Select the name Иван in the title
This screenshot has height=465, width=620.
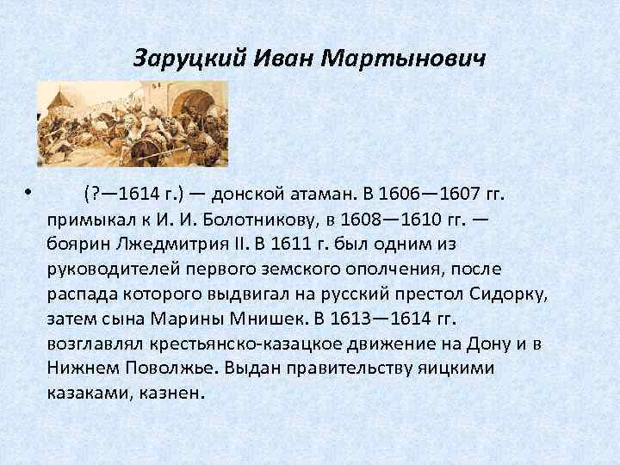[285, 59]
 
